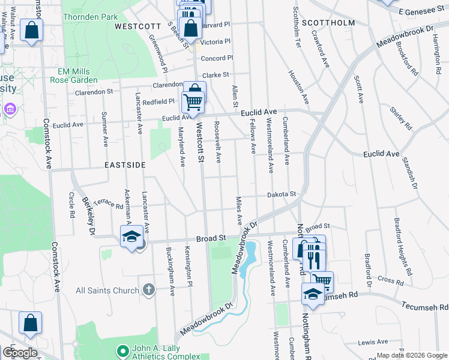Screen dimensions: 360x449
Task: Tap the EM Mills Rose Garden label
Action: [73, 75]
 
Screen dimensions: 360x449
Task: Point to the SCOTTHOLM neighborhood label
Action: [328, 23]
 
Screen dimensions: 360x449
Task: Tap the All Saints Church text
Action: [107, 291]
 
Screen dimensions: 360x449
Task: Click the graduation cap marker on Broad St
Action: [131, 236]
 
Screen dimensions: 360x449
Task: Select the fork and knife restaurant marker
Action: [312, 257]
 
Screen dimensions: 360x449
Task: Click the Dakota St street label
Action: [282, 194]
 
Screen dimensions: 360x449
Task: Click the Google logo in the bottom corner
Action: [20, 352]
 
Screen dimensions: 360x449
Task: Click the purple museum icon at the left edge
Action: [10, 110]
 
